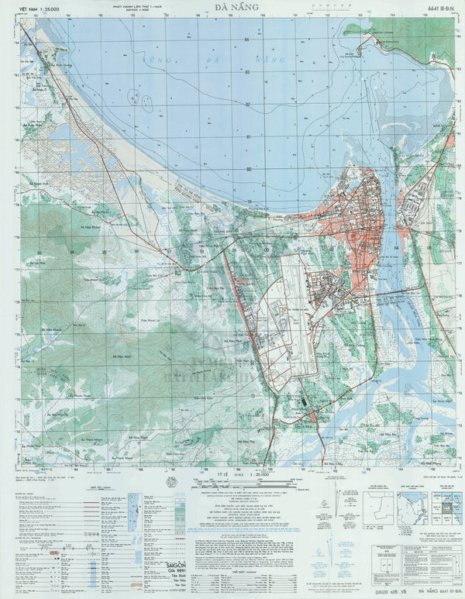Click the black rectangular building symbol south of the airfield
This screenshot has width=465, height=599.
[x=303, y=403]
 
